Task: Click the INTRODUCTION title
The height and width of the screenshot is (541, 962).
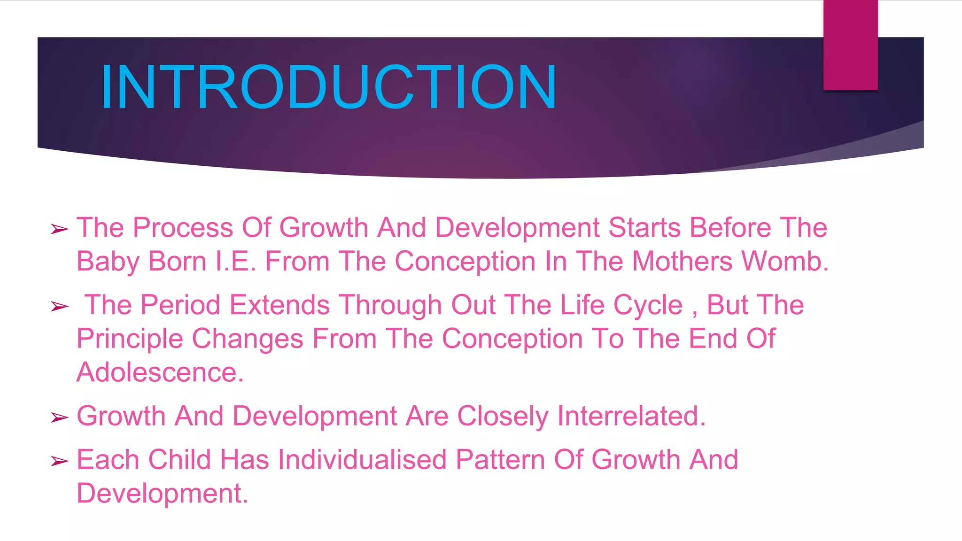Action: point(328,87)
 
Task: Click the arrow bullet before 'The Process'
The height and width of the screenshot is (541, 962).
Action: point(60,229)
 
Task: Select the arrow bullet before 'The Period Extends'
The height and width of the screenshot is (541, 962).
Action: point(60,307)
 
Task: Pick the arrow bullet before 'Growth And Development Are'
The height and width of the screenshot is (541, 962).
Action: point(60,417)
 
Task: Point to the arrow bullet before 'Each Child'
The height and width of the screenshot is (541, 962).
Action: point(60,461)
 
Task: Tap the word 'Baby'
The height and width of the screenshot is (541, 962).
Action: point(108,262)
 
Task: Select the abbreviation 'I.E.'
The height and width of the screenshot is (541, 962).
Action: point(235,261)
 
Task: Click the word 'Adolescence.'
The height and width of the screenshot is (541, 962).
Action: point(160,372)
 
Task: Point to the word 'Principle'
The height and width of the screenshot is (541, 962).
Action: point(130,339)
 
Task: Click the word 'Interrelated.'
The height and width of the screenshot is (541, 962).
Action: point(631,416)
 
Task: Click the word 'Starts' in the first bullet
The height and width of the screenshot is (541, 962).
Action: point(644,228)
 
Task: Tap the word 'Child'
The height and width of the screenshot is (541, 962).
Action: point(179,460)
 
